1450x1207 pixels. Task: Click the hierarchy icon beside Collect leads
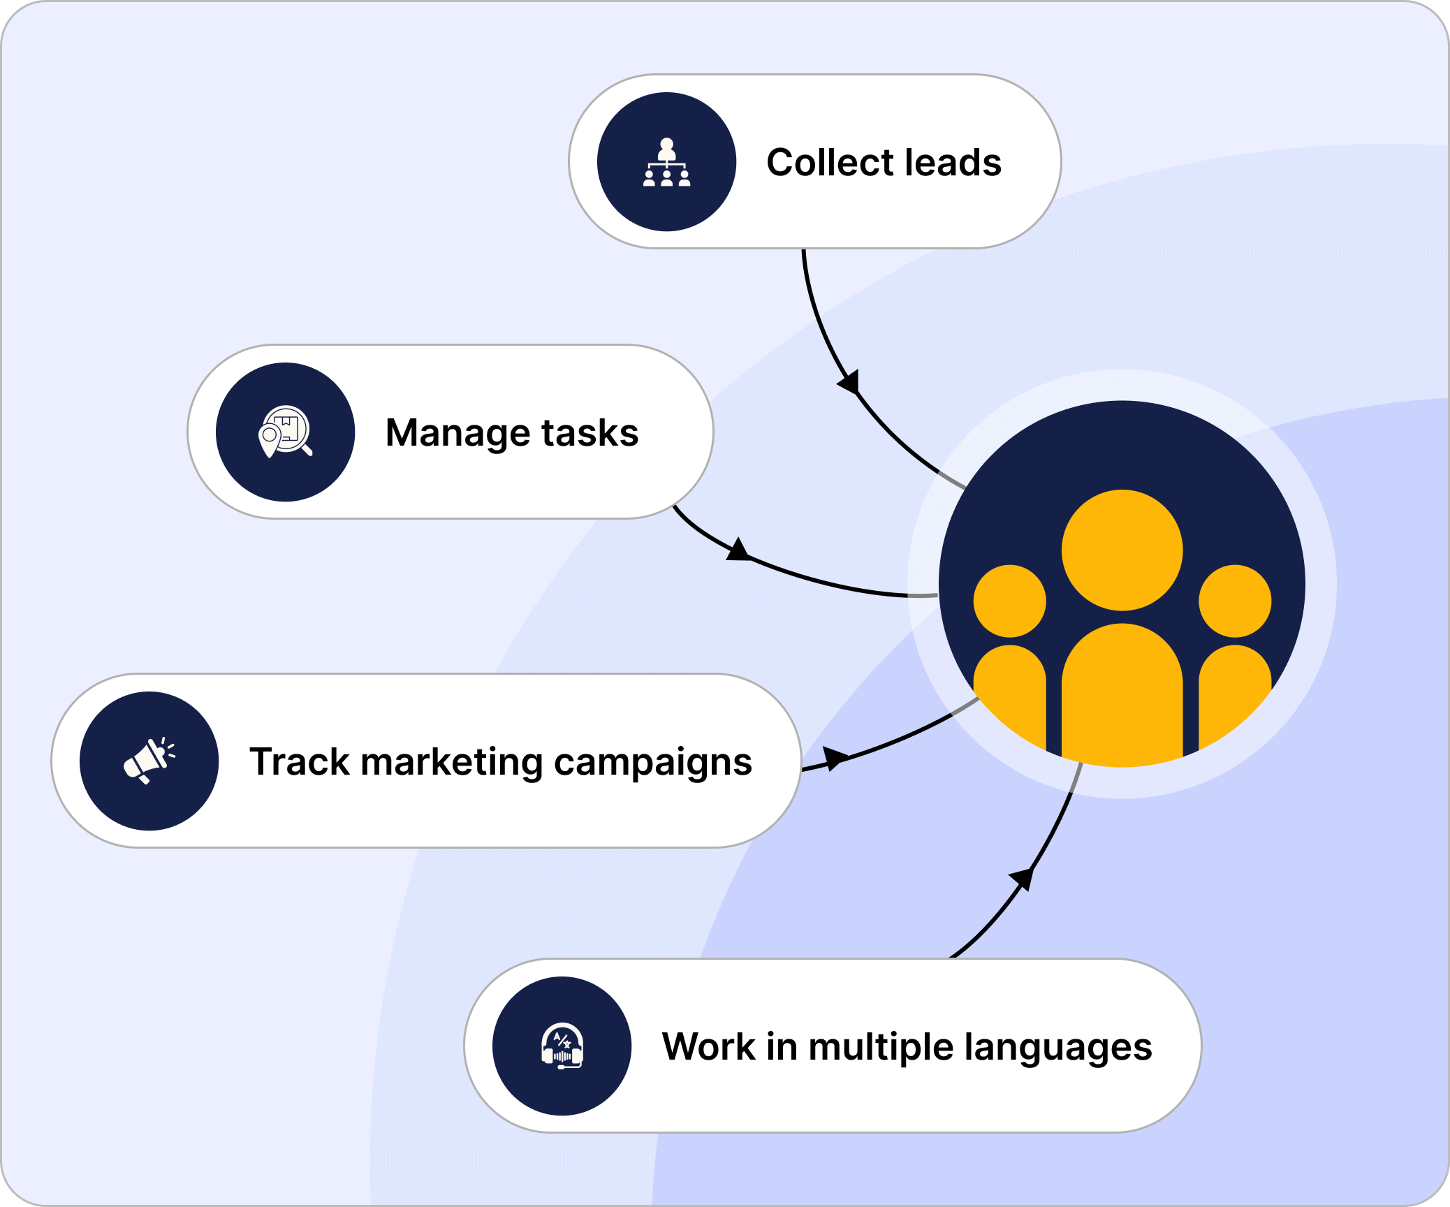point(666,162)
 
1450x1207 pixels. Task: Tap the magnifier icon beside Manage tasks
point(285,432)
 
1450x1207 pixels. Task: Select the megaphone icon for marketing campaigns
point(149,761)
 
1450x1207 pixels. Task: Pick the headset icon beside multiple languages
point(562,1046)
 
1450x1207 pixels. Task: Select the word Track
point(299,761)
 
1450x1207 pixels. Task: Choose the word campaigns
point(652,763)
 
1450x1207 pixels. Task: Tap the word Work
point(708,1046)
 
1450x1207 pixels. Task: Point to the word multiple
point(881,1047)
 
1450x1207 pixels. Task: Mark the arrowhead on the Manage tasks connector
point(738,550)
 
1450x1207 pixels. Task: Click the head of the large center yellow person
point(1122,550)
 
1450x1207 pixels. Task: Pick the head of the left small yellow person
point(1009,601)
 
